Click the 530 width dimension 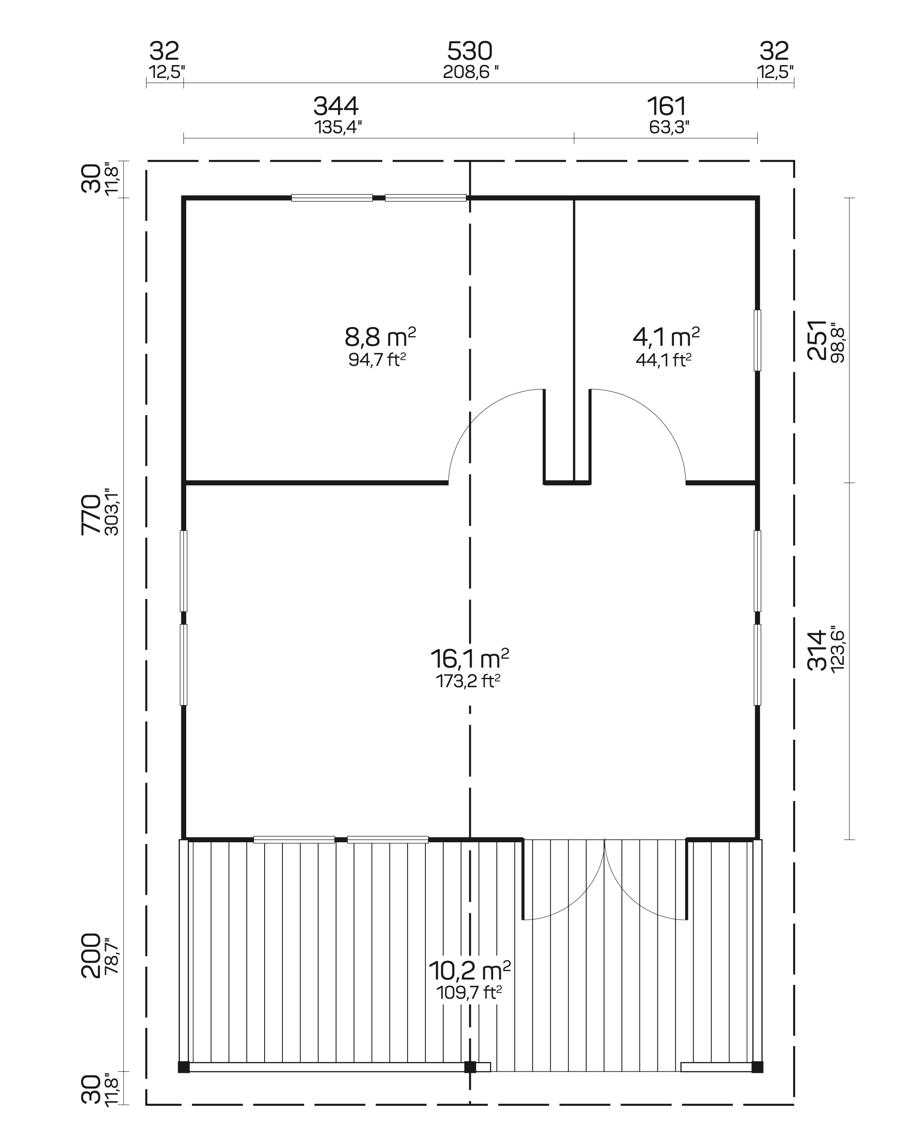pyautogui.click(x=470, y=52)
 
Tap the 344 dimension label pyautogui.click(x=336, y=107)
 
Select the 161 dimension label pyautogui.click(x=667, y=107)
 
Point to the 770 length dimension pyautogui.click(x=90, y=514)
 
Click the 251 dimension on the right pyautogui.click(x=817, y=340)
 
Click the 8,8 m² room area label pyautogui.click(x=380, y=337)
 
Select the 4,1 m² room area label pyautogui.click(x=666, y=337)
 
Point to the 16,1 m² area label pyautogui.click(x=469, y=659)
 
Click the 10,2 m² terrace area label pyautogui.click(x=469, y=971)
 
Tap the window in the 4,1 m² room pyautogui.click(x=758, y=340)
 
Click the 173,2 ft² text pyautogui.click(x=468, y=681)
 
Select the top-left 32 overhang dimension pyautogui.click(x=164, y=52)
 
